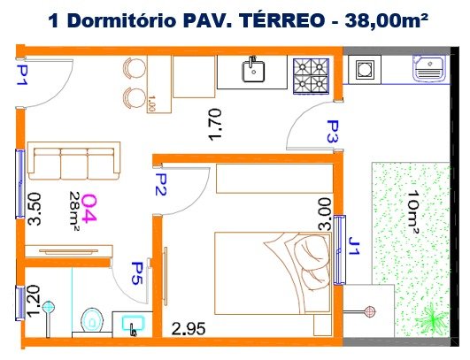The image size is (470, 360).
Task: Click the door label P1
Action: (x=22, y=75)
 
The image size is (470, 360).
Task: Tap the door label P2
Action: (x=160, y=185)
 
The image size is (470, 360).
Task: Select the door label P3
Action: (x=333, y=132)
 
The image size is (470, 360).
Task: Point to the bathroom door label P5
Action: (x=137, y=273)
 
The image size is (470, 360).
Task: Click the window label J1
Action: (x=354, y=246)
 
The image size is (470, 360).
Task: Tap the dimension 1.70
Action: (x=215, y=125)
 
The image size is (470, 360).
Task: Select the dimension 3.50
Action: (x=35, y=209)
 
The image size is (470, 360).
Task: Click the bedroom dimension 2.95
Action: (x=189, y=328)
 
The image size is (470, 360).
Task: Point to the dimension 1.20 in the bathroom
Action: (x=33, y=301)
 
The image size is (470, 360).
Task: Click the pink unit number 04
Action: (x=89, y=209)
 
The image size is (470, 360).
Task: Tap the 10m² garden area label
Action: (x=412, y=211)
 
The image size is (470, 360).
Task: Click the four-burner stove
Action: (x=311, y=75)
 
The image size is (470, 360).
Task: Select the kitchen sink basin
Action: (x=253, y=72)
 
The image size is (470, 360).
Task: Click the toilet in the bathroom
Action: (x=92, y=320)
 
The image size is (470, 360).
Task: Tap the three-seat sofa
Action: (x=73, y=161)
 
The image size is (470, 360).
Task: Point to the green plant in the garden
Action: (x=432, y=318)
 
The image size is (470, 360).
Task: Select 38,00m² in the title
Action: (x=386, y=20)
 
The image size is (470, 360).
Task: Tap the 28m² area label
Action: (x=74, y=209)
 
